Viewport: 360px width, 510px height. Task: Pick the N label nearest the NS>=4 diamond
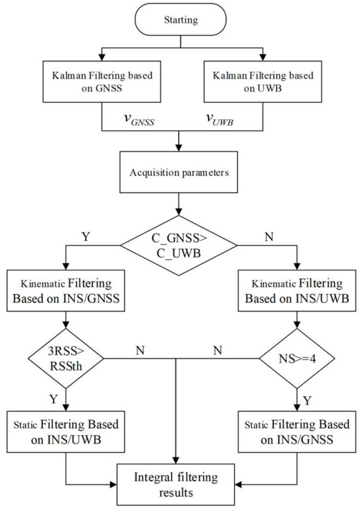click(x=216, y=349)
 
